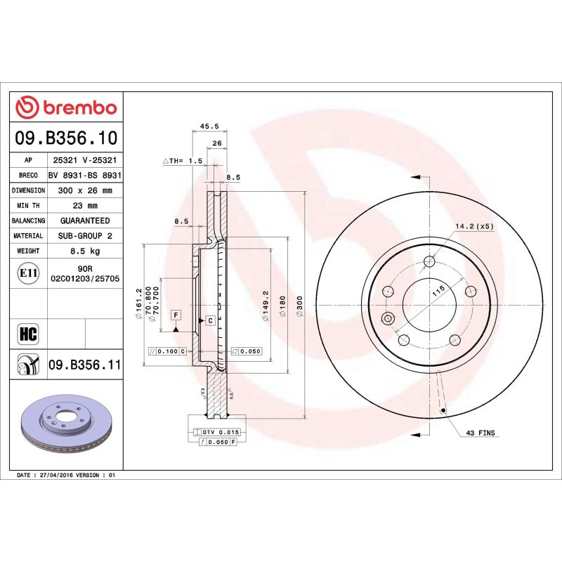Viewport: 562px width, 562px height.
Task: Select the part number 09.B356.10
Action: (67, 138)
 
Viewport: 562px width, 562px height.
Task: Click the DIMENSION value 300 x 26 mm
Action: (84, 190)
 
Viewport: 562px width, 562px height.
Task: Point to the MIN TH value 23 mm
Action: (84, 206)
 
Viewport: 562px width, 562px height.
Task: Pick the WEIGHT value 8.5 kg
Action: (84, 251)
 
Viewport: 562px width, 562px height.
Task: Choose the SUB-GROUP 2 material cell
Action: (84, 236)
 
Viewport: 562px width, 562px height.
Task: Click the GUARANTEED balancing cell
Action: (84, 221)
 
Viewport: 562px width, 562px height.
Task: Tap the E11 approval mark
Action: (28, 273)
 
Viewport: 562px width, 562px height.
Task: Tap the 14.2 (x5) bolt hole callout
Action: (475, 226)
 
